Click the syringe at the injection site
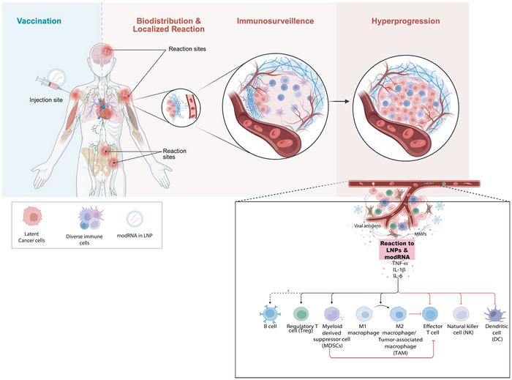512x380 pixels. [50, 91]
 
